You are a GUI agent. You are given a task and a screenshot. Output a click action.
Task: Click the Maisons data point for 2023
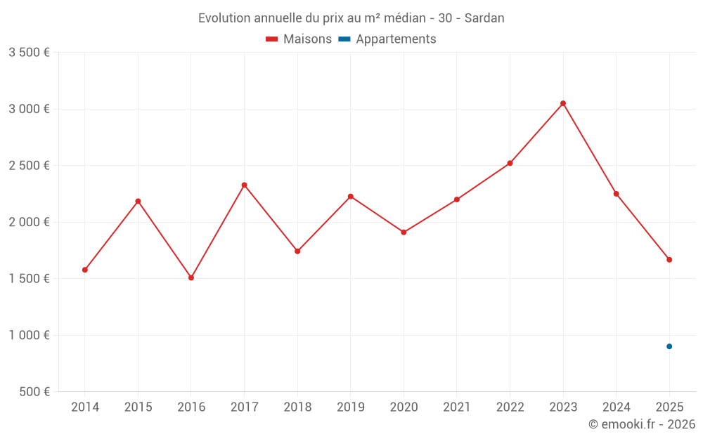pyautogui.click(x=563, y=103)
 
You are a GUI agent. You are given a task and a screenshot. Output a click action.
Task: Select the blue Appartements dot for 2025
pyautogui.click(x=669, y=346)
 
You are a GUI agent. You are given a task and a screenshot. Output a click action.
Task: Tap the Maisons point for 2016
pyautogui.click(x=191, y=277)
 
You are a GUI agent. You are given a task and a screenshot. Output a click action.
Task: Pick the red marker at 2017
pyautogui.click(x=244, y=185)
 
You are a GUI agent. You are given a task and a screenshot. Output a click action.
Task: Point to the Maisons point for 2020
pyautogui.click(x=404, y=232)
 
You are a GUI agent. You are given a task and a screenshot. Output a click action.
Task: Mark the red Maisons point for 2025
pyautogui.click(x=669, y=260)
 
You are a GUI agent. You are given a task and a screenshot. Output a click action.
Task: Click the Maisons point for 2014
pyautogui.click(x=85, y=270)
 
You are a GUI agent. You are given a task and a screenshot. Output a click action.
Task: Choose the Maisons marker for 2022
pyautogui.click(x=510, y=163)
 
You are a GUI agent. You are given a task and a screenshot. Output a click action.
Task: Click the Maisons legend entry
pyautogui.click(x=299, y=39)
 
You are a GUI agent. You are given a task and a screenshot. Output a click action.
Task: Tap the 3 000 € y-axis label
pyautogui.click(x=29, y=109)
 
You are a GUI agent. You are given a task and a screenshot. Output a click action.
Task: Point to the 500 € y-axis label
pyautogui.click(x=33, y=392)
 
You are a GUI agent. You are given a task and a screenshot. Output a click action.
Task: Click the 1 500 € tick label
pyautogui.click(x=29, y=279)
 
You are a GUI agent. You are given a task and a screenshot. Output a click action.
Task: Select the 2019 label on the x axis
pyautogui.click(x=350, y=407)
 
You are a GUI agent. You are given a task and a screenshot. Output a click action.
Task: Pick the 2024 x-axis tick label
pyautogui.click(x=616, y=407)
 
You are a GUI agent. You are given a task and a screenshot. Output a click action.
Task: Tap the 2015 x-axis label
pyautogui.click(x=138, y=407)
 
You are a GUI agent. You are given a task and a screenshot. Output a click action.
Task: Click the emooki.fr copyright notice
pyautogui.click(x=641, y=424)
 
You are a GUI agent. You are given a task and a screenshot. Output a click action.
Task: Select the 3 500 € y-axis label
pyautogui.click(x=29, y=53)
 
